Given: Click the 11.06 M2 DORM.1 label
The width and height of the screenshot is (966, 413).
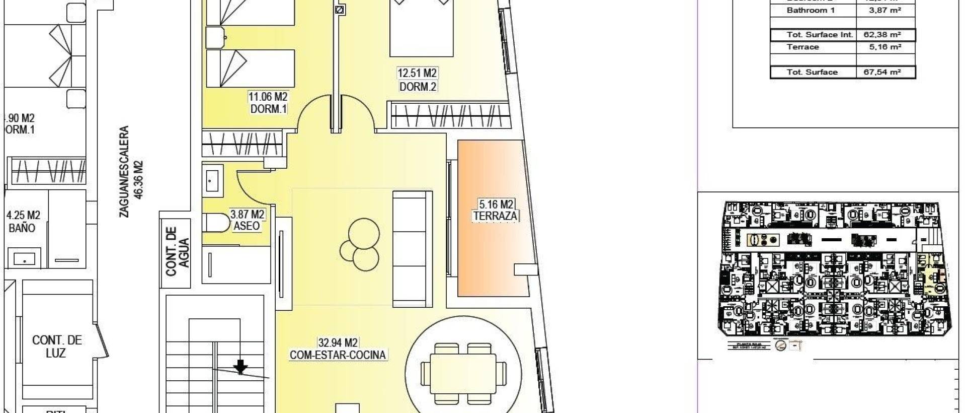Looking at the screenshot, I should pos(268,102).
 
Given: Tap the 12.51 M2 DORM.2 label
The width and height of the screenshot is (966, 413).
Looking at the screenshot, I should pos(418,80).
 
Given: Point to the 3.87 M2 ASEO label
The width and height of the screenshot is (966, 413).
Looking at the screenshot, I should pos(247,220).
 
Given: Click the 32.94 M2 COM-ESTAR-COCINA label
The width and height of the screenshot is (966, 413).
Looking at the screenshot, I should pos(338,349).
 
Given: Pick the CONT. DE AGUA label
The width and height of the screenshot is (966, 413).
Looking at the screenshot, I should pos(178,251).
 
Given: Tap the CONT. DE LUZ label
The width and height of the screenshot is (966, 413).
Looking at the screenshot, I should pos(57,347).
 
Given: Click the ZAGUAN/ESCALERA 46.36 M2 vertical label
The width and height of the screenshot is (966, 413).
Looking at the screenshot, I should pos(131,171).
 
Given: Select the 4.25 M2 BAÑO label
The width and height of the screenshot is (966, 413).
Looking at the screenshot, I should pos(23,222).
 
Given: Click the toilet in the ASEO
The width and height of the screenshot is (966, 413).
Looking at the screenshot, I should pos(213,222).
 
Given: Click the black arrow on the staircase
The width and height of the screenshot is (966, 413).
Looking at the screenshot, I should pos(241,366).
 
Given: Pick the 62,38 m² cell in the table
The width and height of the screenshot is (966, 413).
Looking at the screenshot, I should pos(885,35).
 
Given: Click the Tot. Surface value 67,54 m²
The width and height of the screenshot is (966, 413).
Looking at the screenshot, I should pos(885,72).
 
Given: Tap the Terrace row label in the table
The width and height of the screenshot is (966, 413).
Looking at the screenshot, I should pos(803,47).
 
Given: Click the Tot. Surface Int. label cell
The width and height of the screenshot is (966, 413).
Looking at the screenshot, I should pos(813,35).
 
